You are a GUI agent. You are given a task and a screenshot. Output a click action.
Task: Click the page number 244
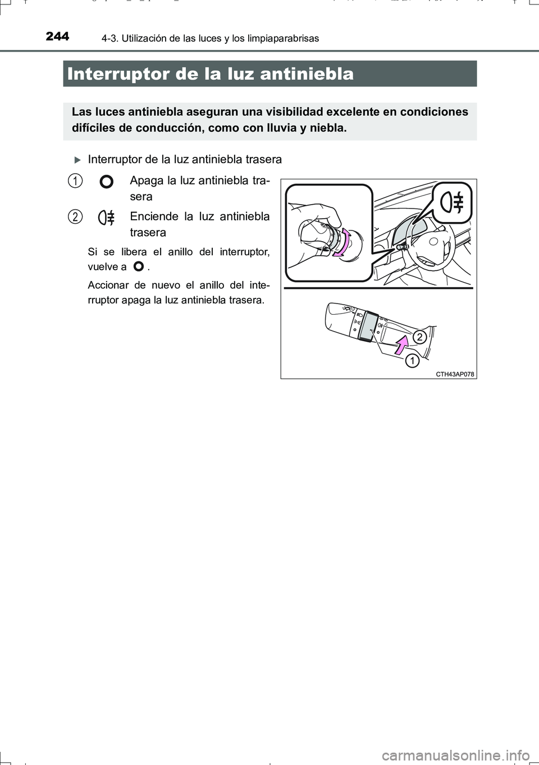57,37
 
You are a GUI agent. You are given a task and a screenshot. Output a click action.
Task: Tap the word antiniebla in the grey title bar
307,74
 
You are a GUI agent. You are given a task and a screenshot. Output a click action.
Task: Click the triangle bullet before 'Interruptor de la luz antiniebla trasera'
77,160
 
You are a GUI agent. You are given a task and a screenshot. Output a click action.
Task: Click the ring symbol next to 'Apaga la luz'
106,182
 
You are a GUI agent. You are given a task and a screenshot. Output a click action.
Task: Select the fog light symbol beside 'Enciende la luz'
106,218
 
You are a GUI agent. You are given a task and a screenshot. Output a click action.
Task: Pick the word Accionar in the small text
107,285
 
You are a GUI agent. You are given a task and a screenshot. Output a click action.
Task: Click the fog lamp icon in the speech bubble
453,202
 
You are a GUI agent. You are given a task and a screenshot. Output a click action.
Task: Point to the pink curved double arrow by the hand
344,242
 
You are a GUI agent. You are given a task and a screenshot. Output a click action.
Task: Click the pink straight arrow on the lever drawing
400,344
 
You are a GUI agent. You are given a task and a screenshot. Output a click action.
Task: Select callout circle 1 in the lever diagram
412,360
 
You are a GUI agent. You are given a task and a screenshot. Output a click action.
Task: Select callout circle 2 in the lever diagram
419,337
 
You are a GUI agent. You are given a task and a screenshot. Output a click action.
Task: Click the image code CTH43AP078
455,374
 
